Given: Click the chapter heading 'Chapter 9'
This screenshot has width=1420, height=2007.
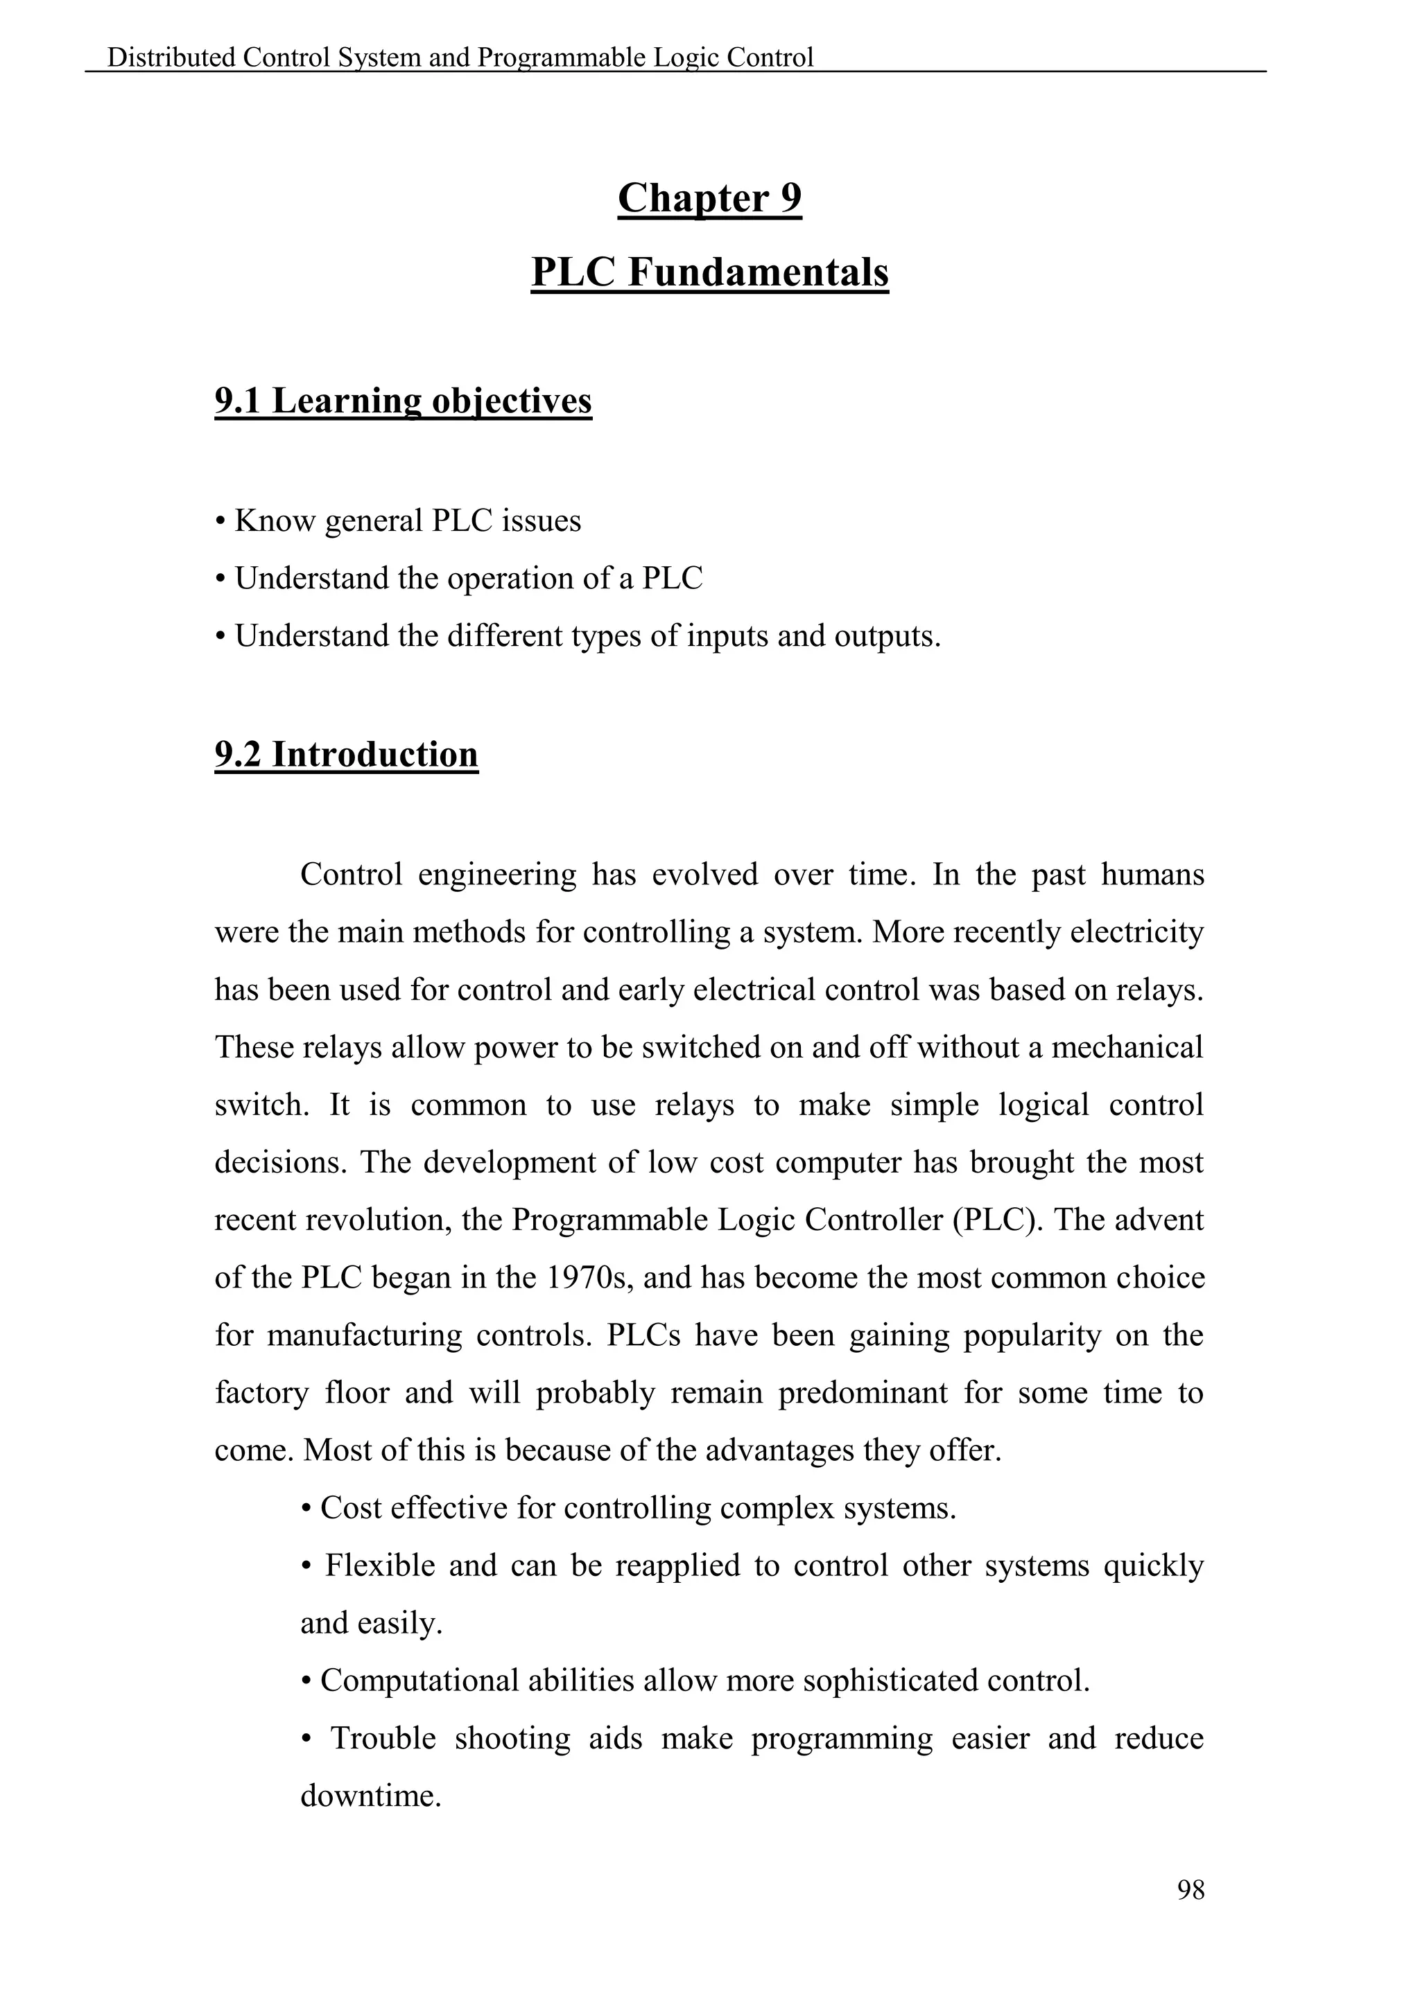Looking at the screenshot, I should [x=709, y=198].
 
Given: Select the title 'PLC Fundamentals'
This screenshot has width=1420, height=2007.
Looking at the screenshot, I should [x=709, y=273].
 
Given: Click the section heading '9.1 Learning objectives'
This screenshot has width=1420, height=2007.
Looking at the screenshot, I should [x=403, y=401].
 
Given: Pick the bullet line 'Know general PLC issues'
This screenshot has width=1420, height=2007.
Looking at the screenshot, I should [x=408, y=521].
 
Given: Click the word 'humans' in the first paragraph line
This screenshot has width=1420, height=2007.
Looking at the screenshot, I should [x=1152, y=875].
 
